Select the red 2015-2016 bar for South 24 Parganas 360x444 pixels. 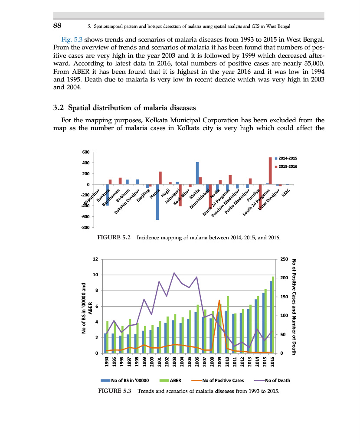click(x=270, y=171)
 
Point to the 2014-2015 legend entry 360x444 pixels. click(x=287, y=158)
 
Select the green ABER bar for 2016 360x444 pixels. click(x=273, y=315)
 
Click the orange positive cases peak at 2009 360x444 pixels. click(x=219, y=300)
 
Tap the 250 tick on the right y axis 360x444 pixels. click(x=284, y=259)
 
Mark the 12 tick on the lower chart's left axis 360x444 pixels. click(x=95, y=259)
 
